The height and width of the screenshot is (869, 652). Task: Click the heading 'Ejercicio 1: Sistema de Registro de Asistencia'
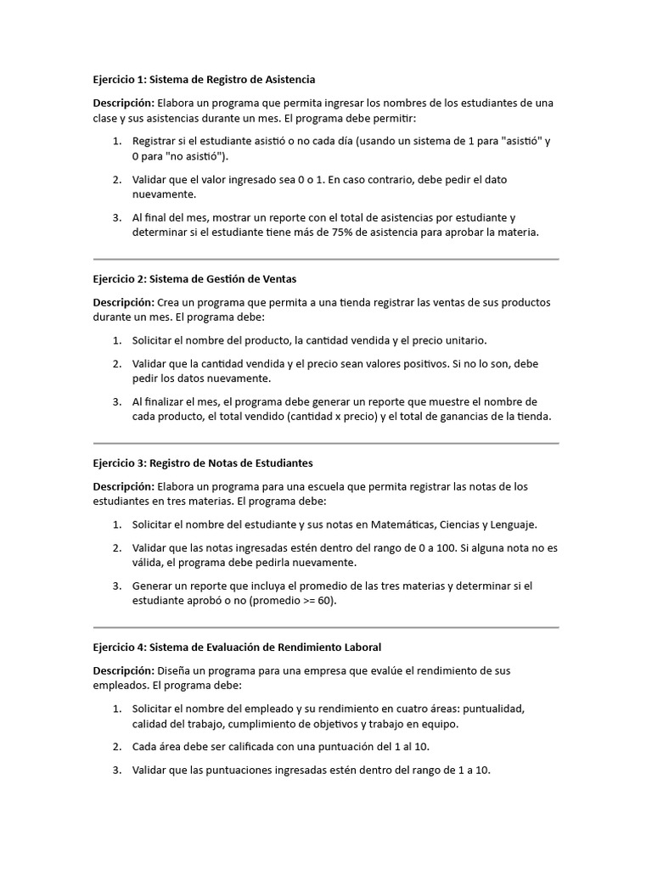click(204, 79)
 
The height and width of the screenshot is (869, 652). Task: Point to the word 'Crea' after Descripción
click(170, 302)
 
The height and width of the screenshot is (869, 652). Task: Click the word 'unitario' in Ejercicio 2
click(465, 339)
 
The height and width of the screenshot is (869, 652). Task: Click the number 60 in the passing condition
click(320, 600)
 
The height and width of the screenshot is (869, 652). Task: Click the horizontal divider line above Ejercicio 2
click(326, 259)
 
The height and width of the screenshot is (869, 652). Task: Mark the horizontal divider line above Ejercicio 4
click(326, 627)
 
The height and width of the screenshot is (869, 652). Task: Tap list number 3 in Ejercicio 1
click(116, 217)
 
